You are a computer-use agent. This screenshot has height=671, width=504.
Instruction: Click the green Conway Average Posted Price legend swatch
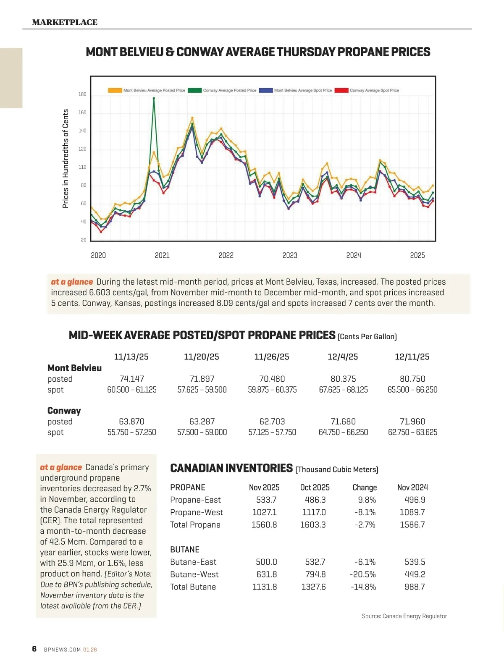[195, 90]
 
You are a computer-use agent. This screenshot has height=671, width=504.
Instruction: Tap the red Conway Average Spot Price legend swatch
[341, 90]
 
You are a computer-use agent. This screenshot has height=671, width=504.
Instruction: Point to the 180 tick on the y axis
[82, 94]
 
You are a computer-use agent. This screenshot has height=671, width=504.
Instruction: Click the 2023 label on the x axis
[290, 255]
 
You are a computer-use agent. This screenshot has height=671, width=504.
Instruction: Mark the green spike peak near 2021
[154, 98]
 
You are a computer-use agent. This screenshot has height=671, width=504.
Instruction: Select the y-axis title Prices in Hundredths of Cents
[66, 158]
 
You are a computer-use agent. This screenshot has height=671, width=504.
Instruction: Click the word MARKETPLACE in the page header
[65, 22]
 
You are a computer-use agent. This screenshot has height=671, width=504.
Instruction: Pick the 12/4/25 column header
[343, 357]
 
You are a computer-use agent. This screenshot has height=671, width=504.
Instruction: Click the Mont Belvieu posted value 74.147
[131, 379]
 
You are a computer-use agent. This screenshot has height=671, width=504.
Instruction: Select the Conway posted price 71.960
[412, 422]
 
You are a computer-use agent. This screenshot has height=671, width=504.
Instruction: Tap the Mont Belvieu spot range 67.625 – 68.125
[343, 390]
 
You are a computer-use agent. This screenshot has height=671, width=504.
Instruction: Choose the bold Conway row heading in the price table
[64, 411]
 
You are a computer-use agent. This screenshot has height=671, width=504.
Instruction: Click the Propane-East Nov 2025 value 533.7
[266, 500]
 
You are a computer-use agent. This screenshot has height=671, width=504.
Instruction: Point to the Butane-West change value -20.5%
[363, 574]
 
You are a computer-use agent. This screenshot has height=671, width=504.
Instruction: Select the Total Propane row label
[195, 525]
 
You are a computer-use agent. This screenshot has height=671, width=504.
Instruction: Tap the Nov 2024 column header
[412, 488]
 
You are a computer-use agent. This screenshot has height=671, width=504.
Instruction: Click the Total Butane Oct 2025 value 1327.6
[313, 587]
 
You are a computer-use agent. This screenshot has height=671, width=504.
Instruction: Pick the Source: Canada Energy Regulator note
[404, 616]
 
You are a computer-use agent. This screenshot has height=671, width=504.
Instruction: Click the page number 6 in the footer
[34, 649]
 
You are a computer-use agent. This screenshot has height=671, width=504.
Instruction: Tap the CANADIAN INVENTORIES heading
[231, 468]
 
